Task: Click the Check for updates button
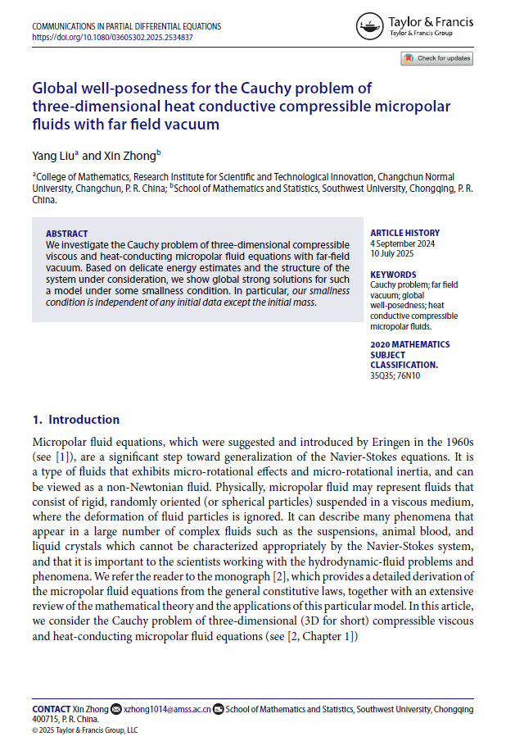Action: tap(436, 58)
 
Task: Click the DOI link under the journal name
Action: tap(112, 37)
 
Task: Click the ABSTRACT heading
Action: tap(67, 234)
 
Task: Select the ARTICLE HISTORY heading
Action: tap(404, 233)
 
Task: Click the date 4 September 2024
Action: tap(403, 243)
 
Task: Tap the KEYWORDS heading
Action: tap(393, 275)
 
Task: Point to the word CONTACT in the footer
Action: tap(51, 708)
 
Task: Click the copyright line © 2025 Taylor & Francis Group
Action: tap(85, 729)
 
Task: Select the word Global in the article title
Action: tap(56, 88)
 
